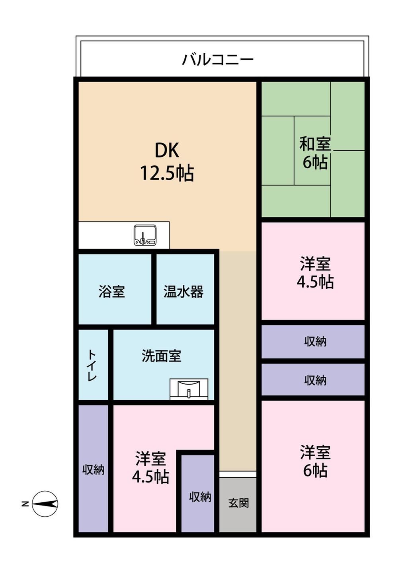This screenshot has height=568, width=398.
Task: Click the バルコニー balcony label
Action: point(218,60)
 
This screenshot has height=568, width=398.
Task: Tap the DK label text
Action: point(167,150)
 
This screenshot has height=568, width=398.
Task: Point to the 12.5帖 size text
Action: point(167,173)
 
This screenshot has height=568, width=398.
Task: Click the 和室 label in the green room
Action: point(315,144)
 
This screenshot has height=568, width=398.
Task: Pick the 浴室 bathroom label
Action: point(111,292)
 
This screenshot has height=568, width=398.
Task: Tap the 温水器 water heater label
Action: point(183,292)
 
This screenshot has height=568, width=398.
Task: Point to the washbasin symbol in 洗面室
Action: point(189,389)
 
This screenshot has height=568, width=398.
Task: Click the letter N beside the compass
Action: point(25,504)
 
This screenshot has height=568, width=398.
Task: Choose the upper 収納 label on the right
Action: point(315,342)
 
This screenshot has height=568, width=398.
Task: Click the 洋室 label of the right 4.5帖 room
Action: point(315,263)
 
